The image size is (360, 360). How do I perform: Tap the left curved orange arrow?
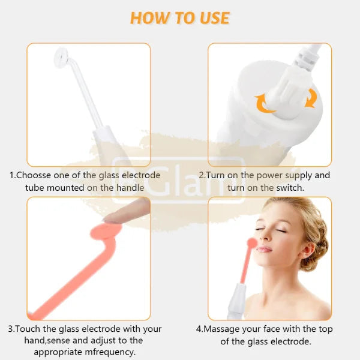(x=263, y=103)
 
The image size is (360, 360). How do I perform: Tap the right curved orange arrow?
(x=311, y=98)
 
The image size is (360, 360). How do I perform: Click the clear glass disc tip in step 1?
(x=61, y=58)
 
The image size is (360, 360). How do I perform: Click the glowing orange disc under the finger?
(x=106, y=232)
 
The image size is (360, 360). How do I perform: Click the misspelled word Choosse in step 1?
(x=33, y=175)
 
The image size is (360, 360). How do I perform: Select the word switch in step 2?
(x=290, y=188)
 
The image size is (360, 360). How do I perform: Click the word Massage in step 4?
(x=221, y=329)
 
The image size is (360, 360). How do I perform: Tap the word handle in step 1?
(x=130, y=188)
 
